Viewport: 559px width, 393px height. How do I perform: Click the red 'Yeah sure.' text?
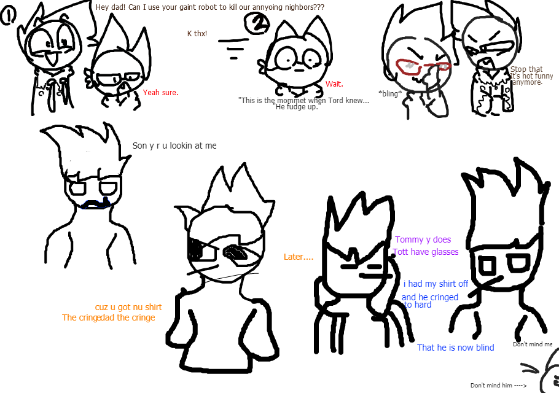[160, 93]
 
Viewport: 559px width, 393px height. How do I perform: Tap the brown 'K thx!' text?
[197, 34]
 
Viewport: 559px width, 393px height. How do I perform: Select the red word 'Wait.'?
[334, 84]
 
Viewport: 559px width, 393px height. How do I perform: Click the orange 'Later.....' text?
[298, 257]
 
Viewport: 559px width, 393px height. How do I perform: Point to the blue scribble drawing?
[96, 203]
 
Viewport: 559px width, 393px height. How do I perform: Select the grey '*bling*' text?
[389, 94]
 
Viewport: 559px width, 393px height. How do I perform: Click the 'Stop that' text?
[526, 69]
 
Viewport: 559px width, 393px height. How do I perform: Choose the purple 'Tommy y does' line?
[423, 240]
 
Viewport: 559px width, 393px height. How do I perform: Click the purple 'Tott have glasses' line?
[425, 252]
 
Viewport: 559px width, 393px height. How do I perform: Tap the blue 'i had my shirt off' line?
[436, 284]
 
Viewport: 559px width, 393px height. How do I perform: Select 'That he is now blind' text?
[455, 348]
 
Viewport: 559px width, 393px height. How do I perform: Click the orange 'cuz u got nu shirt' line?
[128, 307]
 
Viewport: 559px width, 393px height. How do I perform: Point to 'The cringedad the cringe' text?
[108, 318]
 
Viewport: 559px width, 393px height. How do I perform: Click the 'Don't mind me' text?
[533, 344]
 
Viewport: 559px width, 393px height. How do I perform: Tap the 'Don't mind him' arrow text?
[498, 386]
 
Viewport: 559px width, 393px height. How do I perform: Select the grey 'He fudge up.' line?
[297, 107]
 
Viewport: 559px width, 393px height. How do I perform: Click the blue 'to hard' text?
[418, 305]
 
